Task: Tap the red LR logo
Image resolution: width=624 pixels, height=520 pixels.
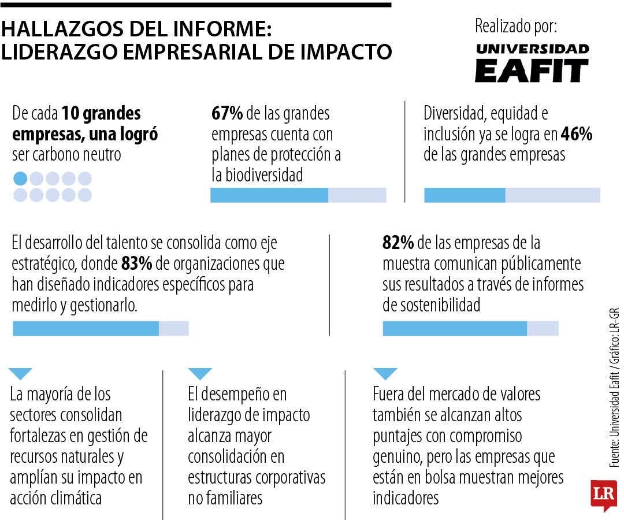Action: click(x=603, y=494)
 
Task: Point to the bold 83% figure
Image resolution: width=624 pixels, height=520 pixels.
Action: click(x=136, y=264)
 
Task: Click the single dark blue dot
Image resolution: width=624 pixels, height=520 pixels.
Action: click(x=20, y=179)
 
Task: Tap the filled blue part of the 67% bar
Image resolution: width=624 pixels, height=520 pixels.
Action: click(x=269, y=195)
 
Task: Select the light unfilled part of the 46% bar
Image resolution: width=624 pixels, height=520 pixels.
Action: click(x=552, y=195)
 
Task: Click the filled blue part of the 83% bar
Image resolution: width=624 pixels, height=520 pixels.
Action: click(x=86, y=329)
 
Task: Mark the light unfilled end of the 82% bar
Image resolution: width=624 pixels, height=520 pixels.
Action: click(x=543, y=329)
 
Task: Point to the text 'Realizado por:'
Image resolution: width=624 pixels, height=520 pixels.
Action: click(x=515, y=26)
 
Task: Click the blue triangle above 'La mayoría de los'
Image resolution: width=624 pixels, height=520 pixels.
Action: click(x=22, y=373)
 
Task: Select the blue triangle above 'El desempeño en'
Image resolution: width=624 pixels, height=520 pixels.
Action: click(x=200, y=373)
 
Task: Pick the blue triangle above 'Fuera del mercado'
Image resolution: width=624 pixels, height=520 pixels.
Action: click(x=385, y=373)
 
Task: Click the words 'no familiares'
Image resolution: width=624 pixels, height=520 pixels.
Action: click(x=225, y=497)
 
